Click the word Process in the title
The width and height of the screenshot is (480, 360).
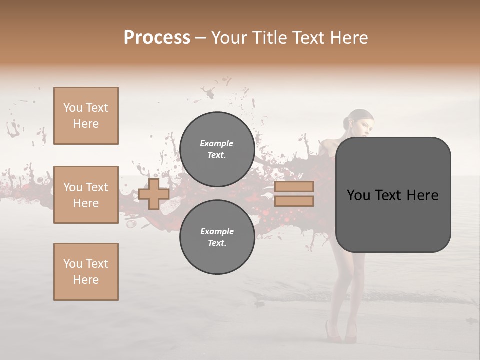157,38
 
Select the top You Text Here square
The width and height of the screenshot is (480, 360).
86,116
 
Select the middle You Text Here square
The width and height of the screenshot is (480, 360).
86,195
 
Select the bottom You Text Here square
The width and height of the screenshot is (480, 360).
86,272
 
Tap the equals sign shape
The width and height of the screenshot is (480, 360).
294,194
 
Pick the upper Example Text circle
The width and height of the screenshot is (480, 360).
217,149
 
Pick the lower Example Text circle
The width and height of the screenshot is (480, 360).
217,237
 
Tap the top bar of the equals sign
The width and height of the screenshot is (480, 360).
294,187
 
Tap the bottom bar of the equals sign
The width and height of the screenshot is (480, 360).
294,201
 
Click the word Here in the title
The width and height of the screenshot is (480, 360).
349,38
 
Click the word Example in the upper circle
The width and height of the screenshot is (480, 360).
217,143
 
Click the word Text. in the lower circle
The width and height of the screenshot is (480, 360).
217,243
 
